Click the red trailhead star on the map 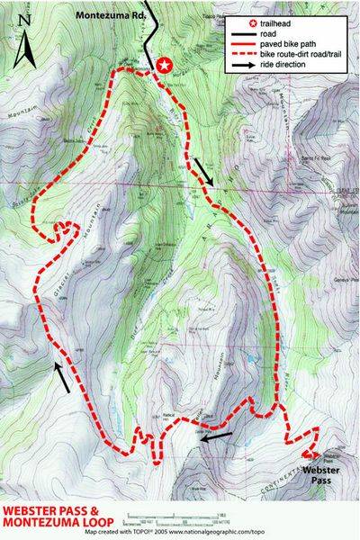tap(164, 65)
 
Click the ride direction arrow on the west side tap(62, 378)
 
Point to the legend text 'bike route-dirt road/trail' tap(306, 54)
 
